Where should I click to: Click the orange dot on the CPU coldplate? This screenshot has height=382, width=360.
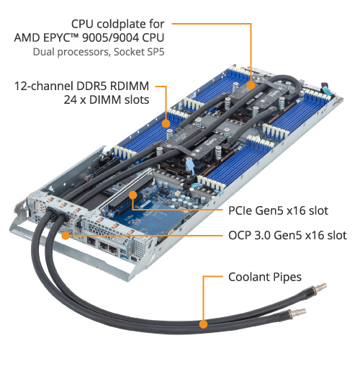tap(251, 86)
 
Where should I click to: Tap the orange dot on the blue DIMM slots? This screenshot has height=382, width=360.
tap(166, 123)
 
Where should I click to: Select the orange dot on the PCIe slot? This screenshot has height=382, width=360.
tap(133, 195)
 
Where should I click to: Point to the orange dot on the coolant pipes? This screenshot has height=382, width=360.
tap(203, 324)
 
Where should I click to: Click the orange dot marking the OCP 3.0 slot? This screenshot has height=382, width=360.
tap(66, 236)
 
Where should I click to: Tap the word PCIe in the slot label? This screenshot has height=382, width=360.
tap(240, 210)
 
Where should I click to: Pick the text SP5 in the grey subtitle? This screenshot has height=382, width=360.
tap(155, 52)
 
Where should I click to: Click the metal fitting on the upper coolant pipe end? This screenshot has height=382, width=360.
tap(318, 287)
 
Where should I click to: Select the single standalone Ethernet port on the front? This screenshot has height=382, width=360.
tap(91, 241)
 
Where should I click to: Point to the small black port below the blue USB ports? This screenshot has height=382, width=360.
tap(133, 259)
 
